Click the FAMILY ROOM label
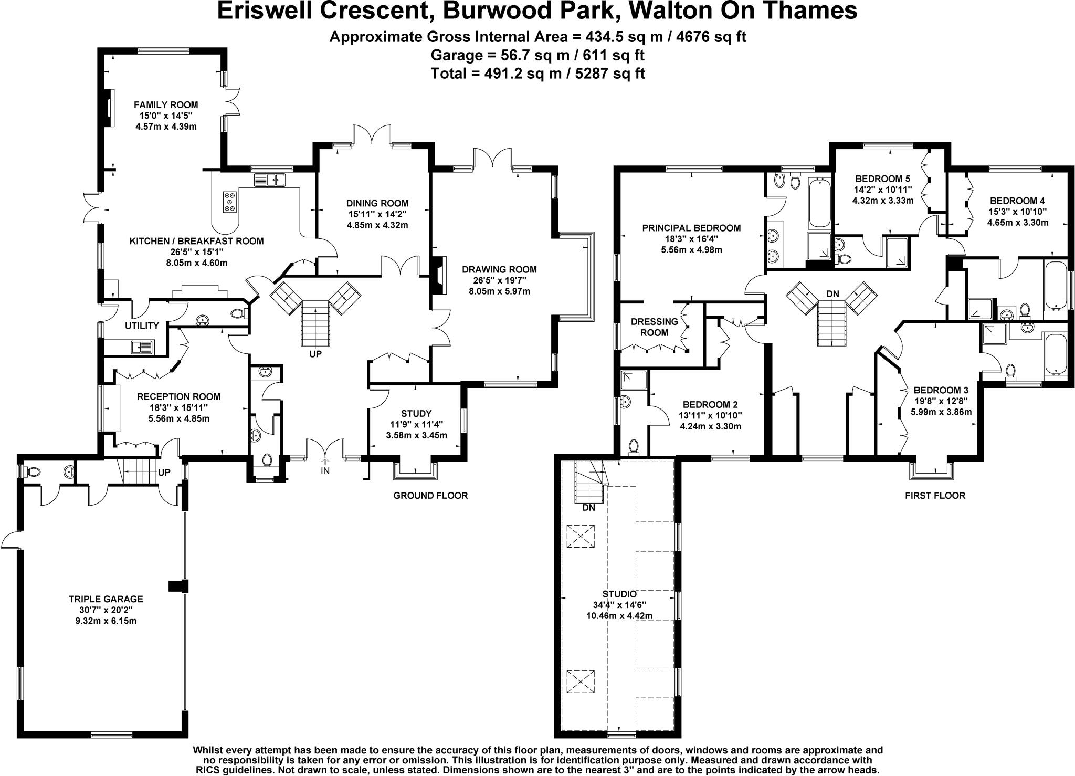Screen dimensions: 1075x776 165,104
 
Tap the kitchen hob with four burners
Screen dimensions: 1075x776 229,202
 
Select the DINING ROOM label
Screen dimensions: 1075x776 377,203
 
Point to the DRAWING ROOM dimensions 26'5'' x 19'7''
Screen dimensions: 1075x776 499,280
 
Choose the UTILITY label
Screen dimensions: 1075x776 142,326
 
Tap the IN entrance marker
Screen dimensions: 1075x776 325,471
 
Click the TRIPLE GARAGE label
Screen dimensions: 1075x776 106,599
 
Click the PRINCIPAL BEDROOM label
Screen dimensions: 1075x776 691,228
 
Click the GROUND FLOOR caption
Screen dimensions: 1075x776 430,495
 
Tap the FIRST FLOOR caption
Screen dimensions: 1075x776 935,495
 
